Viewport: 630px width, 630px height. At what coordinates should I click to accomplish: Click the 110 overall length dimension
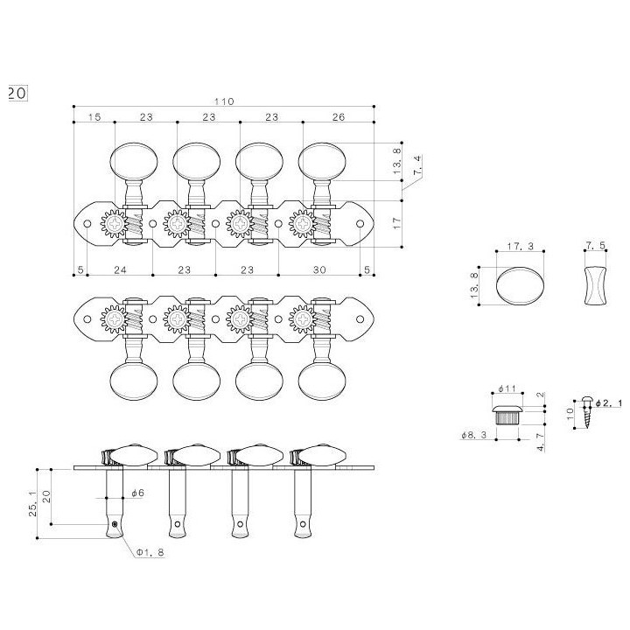point(224,101)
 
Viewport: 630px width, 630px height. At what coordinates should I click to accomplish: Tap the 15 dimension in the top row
point(94,117)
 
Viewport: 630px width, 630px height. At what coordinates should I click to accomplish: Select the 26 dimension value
point(339,117)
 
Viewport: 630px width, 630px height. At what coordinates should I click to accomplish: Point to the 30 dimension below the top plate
point(319,269)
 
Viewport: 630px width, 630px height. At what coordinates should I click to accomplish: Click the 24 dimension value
point(120,269)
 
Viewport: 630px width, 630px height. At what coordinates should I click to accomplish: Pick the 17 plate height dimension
point(397,223)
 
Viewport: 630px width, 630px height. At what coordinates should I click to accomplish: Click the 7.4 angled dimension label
point(417,165)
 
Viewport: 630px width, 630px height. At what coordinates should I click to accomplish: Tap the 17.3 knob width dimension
point(520,246)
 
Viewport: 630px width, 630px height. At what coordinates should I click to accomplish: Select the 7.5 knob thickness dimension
point(595,246)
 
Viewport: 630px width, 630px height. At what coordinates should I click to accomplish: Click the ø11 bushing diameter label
point(507,388)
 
